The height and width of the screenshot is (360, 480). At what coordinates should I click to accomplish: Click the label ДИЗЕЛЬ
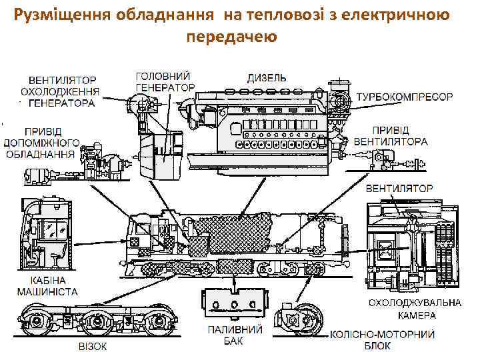tap(267, 77)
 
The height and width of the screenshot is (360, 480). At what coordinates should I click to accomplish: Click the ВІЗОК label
tap(92, 347)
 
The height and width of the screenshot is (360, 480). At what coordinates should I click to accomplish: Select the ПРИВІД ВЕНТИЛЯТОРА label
tap(400, 136)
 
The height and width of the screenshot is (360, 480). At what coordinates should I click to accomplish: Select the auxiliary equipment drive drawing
tap(100, 160)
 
